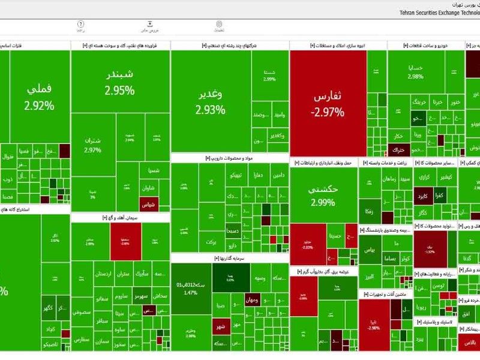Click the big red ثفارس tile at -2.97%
(328, 103)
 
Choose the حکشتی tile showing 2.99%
(323, 195)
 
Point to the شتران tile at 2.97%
(92, 145)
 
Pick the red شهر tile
(220, 327)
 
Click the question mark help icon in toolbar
(80, 25)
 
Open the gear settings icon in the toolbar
(219, 25)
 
